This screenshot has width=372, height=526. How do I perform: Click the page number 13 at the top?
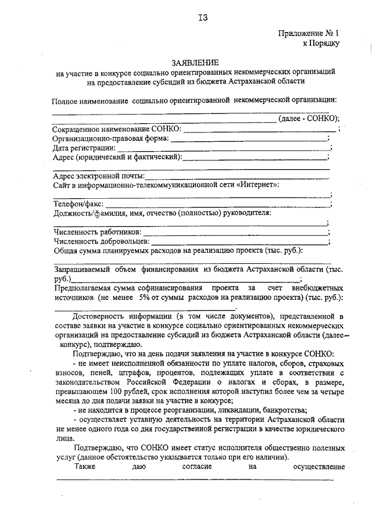202,17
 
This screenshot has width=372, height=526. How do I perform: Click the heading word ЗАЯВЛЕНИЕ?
195,62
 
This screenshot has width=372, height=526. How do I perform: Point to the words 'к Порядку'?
321,42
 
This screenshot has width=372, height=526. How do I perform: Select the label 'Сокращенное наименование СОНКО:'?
116,128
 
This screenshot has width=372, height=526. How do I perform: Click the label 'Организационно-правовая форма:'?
110,138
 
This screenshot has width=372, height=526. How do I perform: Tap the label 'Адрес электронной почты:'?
99,176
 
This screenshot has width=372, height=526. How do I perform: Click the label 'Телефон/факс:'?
78,204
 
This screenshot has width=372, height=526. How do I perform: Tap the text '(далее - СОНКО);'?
309,119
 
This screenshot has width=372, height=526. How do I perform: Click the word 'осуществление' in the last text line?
319,466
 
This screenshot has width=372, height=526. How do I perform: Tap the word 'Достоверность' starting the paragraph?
100,316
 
